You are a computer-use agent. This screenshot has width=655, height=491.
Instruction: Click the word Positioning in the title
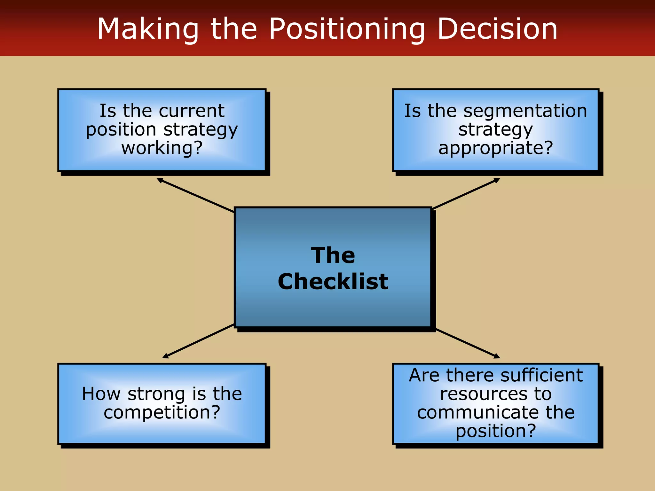347,29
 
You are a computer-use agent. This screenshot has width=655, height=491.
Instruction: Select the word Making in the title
148,29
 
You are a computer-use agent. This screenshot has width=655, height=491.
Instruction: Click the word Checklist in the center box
333,282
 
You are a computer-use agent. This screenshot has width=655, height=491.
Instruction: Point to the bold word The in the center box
333,255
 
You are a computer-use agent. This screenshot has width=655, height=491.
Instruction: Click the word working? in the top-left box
162,148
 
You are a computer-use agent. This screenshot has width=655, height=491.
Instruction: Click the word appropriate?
495,148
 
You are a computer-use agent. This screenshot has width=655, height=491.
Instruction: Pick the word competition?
162,412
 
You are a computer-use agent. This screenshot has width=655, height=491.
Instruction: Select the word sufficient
542,375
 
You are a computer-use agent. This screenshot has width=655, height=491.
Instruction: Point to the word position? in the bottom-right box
495,431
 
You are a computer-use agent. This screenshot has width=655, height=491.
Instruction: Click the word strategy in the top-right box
495,129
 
